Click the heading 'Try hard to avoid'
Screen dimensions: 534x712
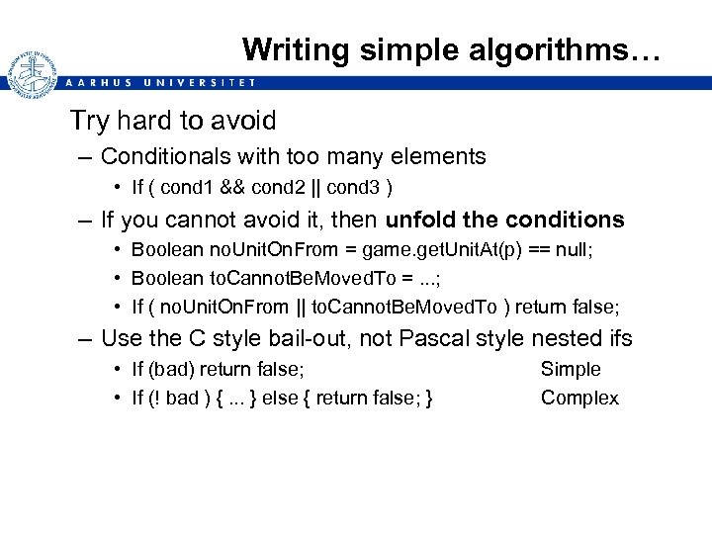[x=172, y=121]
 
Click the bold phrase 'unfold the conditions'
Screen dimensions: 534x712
[x=505, y=219]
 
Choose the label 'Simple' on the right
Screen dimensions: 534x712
[x=570, y=369]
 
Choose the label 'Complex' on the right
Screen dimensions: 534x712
[x=579, y=398]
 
